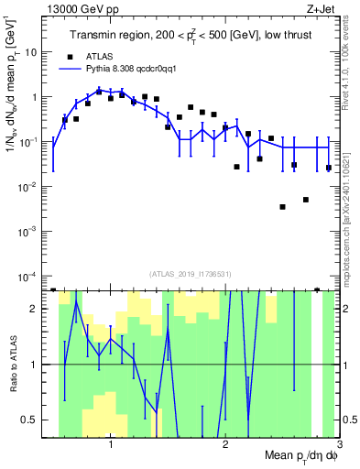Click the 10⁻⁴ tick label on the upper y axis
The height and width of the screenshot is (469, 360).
point(36,277)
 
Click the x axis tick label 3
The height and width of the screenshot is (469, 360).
point(339,446)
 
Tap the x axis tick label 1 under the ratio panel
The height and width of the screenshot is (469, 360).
point(111,446)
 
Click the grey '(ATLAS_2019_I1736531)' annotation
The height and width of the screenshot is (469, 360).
point(195,274)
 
